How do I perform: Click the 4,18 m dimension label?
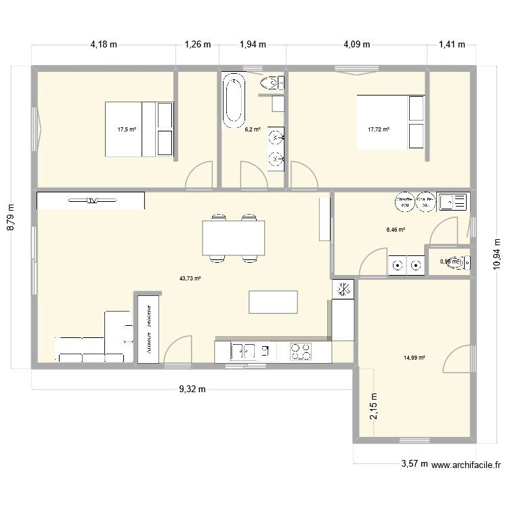(104, 45)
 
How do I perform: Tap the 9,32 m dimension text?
(192, 389)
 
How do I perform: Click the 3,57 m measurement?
(414, 464)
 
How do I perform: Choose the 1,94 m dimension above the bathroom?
(253, 45)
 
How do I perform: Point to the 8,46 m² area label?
(396, 230)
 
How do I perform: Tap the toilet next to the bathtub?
(272, 83)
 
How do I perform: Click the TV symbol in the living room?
(91, 200)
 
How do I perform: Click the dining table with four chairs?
(233, 237)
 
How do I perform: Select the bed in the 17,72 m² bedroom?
(391, 121)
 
